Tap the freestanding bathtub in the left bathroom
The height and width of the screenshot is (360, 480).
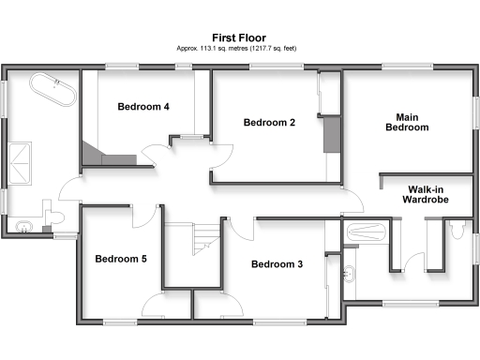tap(53, 90)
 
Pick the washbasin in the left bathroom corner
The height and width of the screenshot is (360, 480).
tap(24, 225)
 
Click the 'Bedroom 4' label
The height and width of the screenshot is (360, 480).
tap(143, 107)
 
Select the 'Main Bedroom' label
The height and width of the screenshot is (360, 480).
tap(407, 122)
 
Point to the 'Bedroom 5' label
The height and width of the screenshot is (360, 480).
tap(120, 259)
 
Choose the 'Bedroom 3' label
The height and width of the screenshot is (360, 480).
tap(277, 264)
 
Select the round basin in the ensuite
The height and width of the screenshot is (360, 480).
tap(350, 275)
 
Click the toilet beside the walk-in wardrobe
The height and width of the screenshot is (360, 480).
tap(457, 230)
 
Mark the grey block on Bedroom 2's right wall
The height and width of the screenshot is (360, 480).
tap(330, 133)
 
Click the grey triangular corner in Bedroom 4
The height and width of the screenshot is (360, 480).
tap(92, 152)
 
